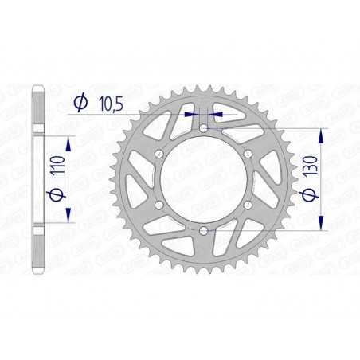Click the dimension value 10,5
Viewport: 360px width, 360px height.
click(108, 102)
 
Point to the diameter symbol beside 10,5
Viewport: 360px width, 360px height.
click(80, 102)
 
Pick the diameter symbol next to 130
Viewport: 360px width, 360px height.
click(307, 198)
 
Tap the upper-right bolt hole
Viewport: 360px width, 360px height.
click(248, 154)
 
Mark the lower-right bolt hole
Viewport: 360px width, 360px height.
click(248, 205)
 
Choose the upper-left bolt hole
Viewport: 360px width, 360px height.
click(159, 154)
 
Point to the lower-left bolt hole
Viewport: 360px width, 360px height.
click(159, 205)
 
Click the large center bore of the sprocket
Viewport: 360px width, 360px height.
click(203, 179)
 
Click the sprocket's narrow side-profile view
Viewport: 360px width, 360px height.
click(37, 178)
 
